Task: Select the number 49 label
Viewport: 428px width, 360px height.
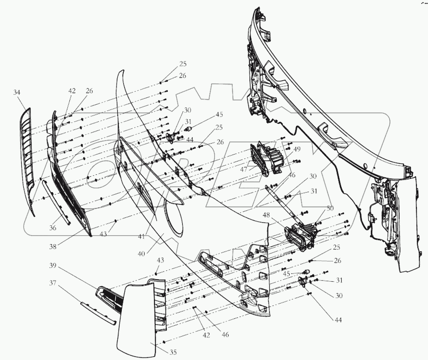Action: pos(296,150)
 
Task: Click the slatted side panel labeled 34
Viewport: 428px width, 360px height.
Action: pos(26,157)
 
